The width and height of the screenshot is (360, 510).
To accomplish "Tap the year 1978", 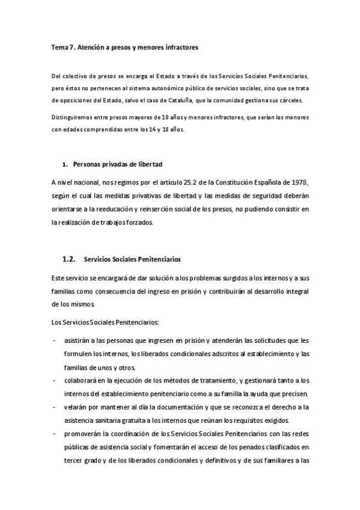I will pyautogui.click(x=299, y=182).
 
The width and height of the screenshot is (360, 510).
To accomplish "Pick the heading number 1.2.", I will pyautogui.click(x=69, y=259).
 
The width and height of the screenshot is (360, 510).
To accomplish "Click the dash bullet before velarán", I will pyautogui.click(x=55, y=407).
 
